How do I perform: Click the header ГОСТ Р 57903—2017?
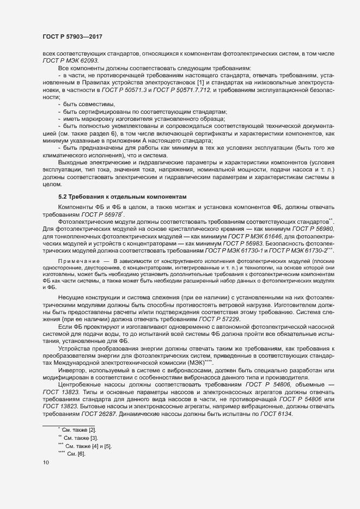72,36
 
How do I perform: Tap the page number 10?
46,462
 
